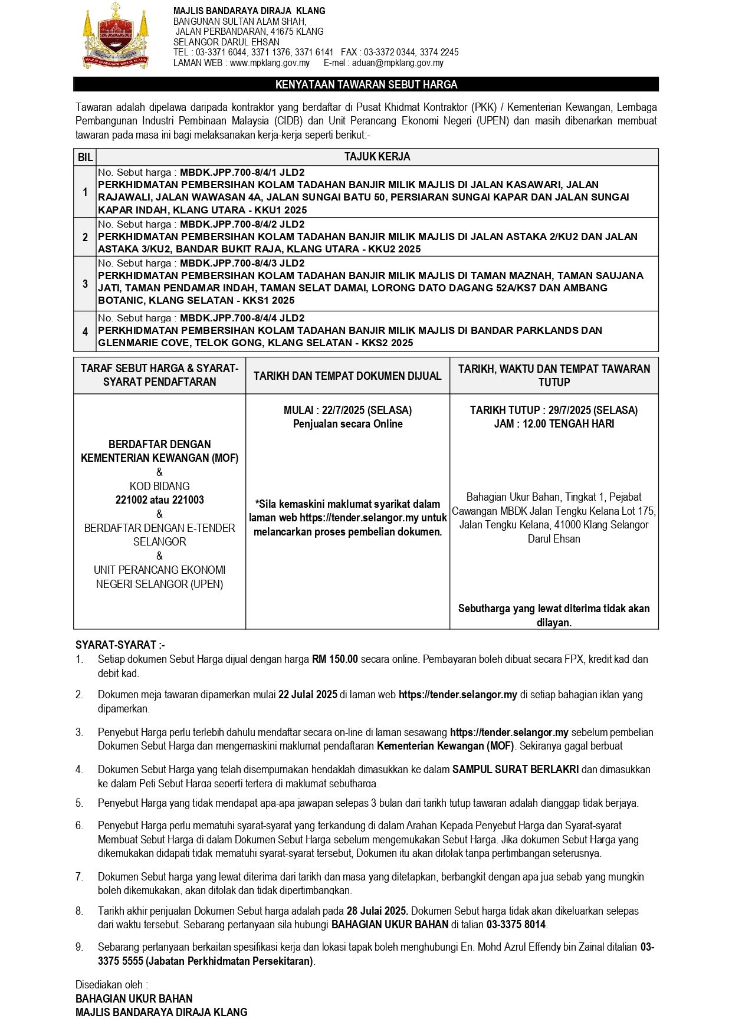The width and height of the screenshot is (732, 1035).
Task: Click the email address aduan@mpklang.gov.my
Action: (x=398, y=63)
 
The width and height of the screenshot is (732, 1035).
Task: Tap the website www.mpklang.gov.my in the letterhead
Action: (x=270, y=63)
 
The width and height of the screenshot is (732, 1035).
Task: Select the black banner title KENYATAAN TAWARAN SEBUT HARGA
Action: (x=366, y=84)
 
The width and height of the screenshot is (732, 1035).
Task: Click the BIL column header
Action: (x=85, y=157)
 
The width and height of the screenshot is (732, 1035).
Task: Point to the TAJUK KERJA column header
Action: (x=377, y=157)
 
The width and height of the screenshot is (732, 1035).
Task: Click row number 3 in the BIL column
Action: (x=85, y=284)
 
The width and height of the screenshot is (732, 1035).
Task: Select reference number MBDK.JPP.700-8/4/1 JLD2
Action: (x=242, y=172)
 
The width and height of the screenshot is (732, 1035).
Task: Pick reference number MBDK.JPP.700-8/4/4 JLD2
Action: (x=242, y=318)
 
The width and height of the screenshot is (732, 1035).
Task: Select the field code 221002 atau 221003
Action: (x=159, y=500)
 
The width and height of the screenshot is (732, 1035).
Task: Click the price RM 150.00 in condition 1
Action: (x=334, y=659)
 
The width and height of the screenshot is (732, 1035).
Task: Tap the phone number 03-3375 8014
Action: (x=516, y=925)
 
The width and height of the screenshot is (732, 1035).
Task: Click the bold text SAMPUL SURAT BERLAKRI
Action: (x=516, y=769)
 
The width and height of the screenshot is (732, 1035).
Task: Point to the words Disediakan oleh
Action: (x=111, y=984)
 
